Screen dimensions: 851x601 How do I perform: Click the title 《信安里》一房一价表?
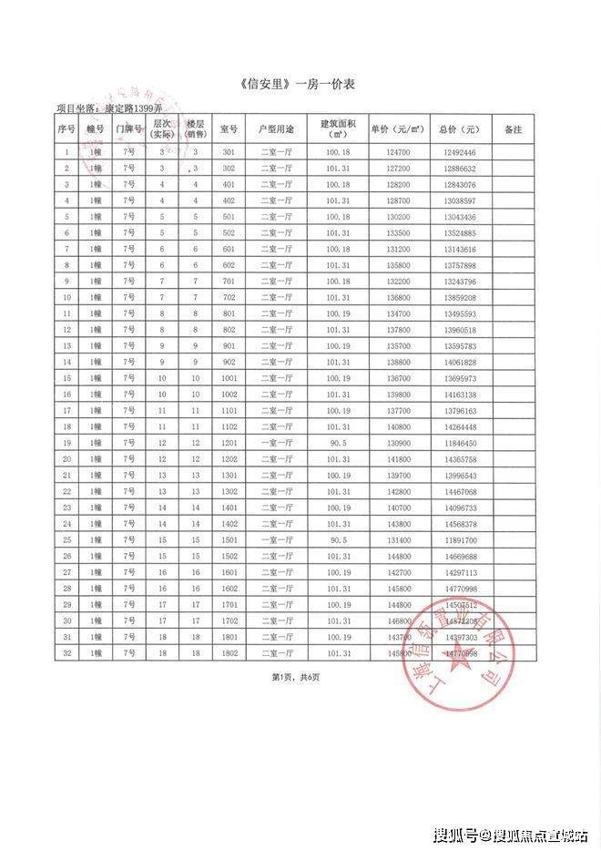[x=300, y=85]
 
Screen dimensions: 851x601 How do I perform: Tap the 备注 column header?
[x=513, y=129]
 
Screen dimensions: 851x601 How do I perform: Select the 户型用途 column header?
[x=276, y=129]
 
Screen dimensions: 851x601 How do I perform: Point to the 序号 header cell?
[x=66, y=129]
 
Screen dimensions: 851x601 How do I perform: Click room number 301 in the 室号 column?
[x=229, y=152]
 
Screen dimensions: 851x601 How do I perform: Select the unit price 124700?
[x=398, y=152]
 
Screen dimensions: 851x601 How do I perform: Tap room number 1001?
[x=229, y=377]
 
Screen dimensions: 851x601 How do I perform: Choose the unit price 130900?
[x=398, y=442]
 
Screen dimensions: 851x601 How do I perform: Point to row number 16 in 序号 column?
[x=66, y=394]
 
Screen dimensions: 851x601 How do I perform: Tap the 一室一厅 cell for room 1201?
[x=276, y=442]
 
